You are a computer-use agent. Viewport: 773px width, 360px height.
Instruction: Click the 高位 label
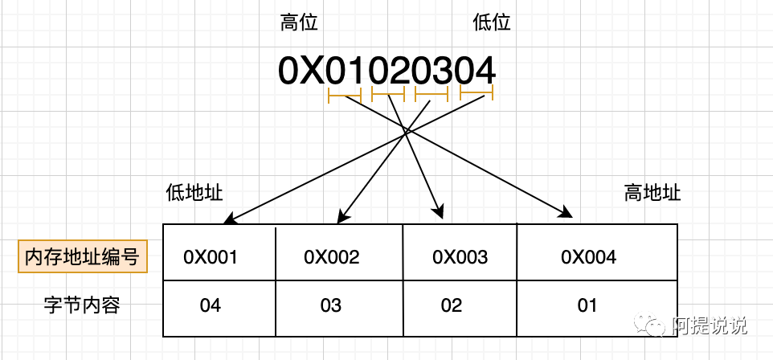(299, 22)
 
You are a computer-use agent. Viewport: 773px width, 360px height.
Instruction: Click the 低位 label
(492, 22)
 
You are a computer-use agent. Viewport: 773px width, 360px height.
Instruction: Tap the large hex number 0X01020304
(387, 71)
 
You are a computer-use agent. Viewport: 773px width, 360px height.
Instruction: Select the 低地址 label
(194, 192)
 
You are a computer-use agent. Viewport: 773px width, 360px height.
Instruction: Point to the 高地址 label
(652, 192)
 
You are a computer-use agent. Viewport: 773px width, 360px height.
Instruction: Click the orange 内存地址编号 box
(83, 256)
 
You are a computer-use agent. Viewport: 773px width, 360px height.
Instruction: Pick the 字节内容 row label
(82, 305)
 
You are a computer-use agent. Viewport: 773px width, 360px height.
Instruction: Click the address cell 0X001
(219, 252)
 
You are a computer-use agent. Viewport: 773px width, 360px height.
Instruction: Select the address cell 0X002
(339, 252)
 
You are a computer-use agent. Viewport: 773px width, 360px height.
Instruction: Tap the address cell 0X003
(460, 252)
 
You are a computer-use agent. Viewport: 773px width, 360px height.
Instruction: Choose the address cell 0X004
(597, 252)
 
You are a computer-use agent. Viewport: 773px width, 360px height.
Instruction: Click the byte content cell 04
(219, 309)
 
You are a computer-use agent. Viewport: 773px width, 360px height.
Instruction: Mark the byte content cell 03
(339, 309)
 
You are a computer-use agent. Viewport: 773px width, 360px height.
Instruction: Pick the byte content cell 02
(460, 309)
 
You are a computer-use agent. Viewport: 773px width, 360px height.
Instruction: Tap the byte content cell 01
(597, 309)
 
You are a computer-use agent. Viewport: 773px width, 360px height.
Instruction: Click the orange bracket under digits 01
(345, 95)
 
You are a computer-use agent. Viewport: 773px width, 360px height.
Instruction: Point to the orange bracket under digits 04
(476, 92)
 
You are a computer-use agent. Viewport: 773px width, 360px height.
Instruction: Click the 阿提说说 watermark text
(710, 325)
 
